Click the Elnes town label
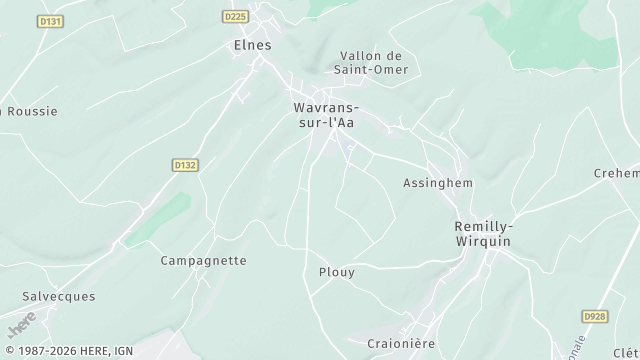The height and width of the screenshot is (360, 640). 251,45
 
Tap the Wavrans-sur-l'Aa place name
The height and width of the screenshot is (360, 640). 326,114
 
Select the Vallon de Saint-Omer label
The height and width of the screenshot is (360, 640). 371,62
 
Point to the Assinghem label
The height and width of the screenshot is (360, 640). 437,184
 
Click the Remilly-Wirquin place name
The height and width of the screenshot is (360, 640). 483,234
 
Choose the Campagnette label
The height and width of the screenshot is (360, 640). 203,260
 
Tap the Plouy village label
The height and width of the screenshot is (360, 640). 336,272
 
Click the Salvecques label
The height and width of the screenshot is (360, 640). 59,297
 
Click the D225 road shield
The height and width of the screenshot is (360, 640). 235,16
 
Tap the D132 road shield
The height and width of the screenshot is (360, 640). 182,165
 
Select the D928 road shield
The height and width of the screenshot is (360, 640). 594,315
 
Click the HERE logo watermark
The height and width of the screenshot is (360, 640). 19,327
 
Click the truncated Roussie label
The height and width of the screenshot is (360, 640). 30,111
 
